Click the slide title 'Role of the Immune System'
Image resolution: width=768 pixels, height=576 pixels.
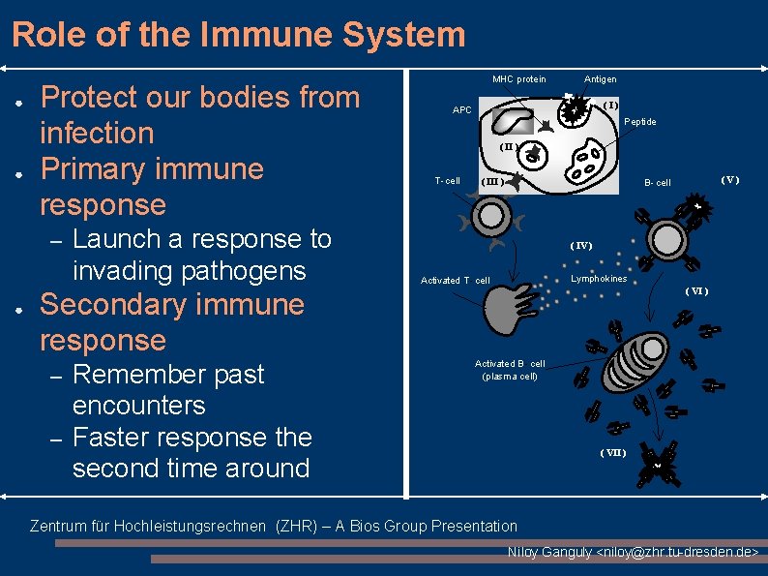pos(239,35)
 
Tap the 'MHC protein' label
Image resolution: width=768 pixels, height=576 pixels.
pos(518,79)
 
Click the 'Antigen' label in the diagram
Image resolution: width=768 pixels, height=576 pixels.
pos(600,79)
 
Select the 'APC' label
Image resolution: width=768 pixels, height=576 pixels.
pos(462,110)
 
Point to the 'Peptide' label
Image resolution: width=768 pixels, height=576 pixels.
pos(639,122)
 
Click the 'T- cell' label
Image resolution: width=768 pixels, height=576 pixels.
pos(448,181)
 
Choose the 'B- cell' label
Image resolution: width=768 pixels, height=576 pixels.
pos(658,183)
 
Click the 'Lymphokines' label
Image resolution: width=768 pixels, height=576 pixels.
pos(599,279)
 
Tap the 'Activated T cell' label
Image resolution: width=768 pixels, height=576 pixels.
pos(455,281)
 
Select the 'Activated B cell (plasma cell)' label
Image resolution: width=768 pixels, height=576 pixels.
pos(510,370)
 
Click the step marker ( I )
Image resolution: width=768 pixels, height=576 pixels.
pos(610,105)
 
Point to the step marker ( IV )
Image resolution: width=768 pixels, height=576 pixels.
pos(580,246)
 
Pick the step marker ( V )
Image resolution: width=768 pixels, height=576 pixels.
pos(729,179)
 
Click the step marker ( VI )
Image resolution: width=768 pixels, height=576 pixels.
pos(696,291)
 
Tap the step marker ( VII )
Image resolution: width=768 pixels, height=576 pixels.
pos(612,453)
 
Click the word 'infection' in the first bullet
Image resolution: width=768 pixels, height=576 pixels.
pos(97,133)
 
